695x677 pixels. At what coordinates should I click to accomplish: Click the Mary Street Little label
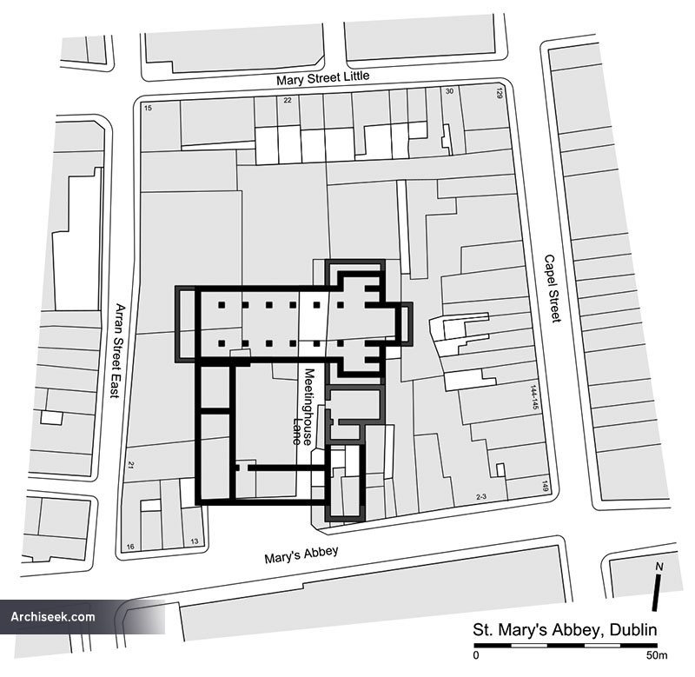(x=322, y=78)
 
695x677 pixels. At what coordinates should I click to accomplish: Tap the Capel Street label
(x=553, y=289)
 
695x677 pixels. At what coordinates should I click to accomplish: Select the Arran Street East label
(x=117, y=350)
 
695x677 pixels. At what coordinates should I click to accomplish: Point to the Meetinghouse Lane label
(x=303, y=406)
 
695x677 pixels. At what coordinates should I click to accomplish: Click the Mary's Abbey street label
(x=301, y=554)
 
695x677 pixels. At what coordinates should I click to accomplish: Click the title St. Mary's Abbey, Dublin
(x=565, y=630)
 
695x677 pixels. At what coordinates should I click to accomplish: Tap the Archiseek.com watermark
(x=53, y=617)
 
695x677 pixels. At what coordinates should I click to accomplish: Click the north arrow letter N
(x=659, y=567)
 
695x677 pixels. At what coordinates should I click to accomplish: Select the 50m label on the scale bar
(x=657, y=655)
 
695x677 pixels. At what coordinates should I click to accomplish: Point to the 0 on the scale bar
(x=476, y=655)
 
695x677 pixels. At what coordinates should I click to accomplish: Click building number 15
(x=148, y=108)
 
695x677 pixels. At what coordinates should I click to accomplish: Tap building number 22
(x=288, y=100)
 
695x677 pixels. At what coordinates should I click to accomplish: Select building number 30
(x=449, y=91)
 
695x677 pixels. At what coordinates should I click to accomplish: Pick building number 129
(x=500, y=93)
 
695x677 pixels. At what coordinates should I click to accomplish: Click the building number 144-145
(x=534, y=397)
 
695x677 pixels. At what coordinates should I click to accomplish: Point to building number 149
(x=546, y=486)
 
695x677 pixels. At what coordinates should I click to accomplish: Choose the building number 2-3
(x=481, y=497)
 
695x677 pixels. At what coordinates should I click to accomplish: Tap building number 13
(x=195, y=541)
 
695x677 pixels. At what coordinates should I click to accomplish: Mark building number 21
(x=131, y=465)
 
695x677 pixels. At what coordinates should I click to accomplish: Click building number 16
(x=130, y=547)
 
